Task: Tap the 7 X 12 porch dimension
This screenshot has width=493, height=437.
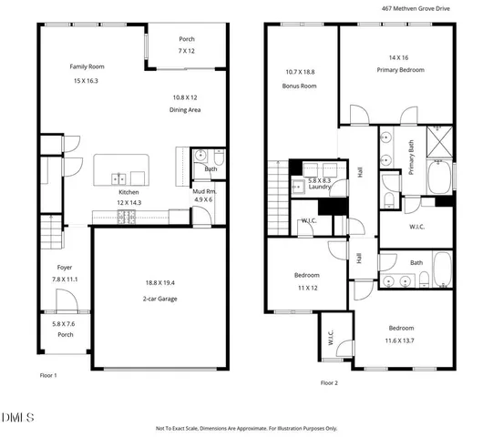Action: [x=187, y=51]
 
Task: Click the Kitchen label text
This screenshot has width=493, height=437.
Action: [x=128, y=192]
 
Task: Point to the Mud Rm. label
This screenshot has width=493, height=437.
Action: [x=202, y=192]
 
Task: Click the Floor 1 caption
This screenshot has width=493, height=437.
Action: [x=48, y=375]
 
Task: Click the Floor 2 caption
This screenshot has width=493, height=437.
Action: [x=329, y=382]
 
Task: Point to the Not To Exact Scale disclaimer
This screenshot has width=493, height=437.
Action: [x=246, y=428]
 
